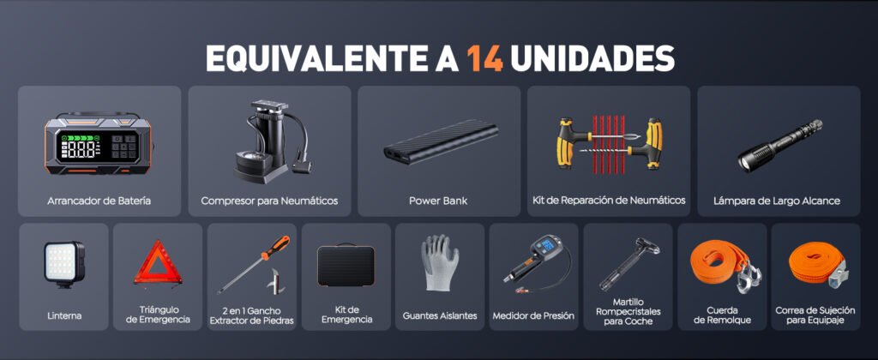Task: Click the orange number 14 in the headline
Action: point(486,57)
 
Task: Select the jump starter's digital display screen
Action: point(99,147)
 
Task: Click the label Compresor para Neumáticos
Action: point(269,201)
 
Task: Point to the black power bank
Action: point(441,141)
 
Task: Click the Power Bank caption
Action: point(438,201)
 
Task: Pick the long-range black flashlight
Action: point(779,145)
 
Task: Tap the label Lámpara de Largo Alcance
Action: point(777,201)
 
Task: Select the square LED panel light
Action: point(63,263)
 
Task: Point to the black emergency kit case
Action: point(346,266)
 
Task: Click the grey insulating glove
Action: point(439,262)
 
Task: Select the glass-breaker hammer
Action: point(628,264)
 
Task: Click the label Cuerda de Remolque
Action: point(722,315)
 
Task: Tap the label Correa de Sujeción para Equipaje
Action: point(815,315)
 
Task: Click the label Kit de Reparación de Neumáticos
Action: point(609,200)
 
